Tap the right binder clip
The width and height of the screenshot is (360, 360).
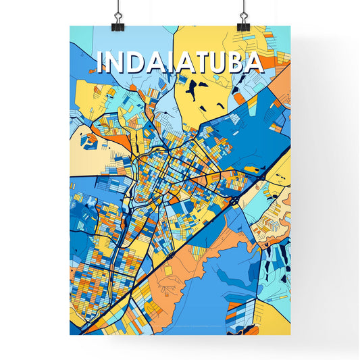point(243,22)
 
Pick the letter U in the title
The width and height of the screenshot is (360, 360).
point(219,62)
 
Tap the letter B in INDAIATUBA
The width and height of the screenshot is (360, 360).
point(236,62)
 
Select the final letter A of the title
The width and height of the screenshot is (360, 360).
point(253,62)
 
